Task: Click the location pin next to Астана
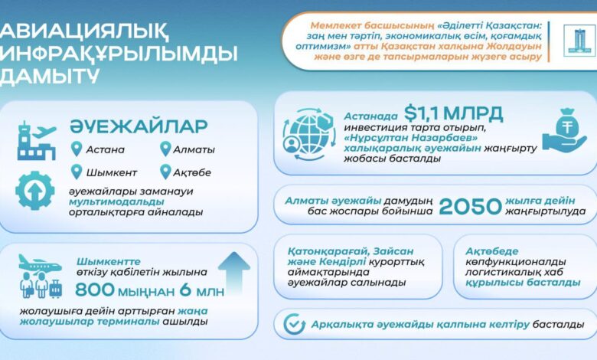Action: point(77,149)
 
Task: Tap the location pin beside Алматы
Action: point(165,149)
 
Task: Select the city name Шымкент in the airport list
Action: point(112,172)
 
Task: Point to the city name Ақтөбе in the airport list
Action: point(192,172)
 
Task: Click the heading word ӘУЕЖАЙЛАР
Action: point(139,126)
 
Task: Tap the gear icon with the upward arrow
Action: point(35,191)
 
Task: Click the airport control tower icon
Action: point(37,141)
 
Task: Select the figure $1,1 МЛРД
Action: point(453,113)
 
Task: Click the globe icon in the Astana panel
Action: point(309,134)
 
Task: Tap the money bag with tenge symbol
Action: point(564,129)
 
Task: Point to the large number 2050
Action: point(470,207)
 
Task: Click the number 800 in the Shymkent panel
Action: point(95,290)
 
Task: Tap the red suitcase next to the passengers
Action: point(56,288)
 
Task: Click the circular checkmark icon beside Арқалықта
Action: point(295,324)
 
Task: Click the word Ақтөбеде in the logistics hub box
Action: point(492,251)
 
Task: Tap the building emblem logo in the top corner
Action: point(579,41)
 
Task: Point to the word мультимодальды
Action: point(116,202)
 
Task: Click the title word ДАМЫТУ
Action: point(49,75)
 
